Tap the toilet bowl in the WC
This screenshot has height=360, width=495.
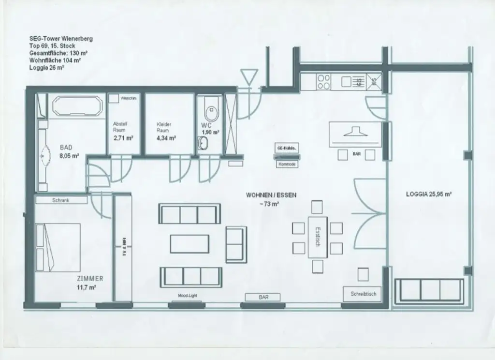pyautogui.click(x=211, y=112)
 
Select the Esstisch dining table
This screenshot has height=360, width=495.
pyautogui.click(x=317, y=237)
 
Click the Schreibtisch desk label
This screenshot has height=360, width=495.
pyautogui.click(x=363, y=294)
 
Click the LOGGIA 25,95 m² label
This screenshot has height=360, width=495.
pyautogui.click(x=428, y=194)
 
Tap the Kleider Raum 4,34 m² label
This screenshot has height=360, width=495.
pyautogui.click(x=165, y=131)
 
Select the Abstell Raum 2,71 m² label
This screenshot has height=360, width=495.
pyautogui.click(x=122, y=131)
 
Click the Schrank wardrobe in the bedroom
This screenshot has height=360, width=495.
pyautogui.click(x=61, y=200)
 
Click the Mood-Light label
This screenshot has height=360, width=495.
pyautogui.click(x=188, y=296)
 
